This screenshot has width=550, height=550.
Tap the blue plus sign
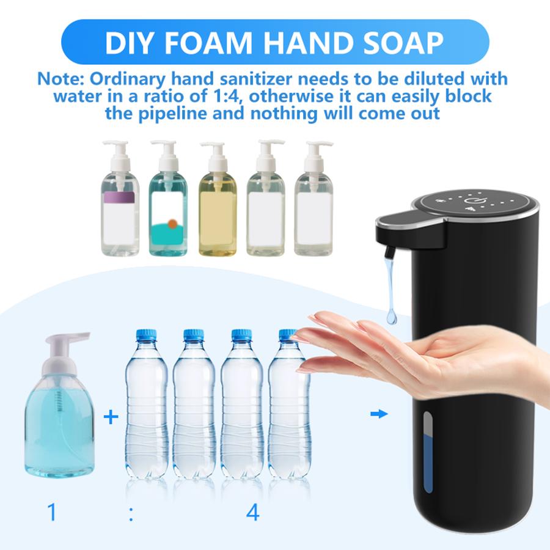pyautogui.click(x=111, y=418)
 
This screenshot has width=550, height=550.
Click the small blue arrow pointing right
pyautogui.click(x=380, y=414)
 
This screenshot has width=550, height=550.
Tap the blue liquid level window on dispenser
pyautogui.click(x=428, y=452)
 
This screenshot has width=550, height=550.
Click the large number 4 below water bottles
pyautogui.click(x=252, y=512)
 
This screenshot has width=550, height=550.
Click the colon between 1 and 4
pyautogui.click(x=131, y=513)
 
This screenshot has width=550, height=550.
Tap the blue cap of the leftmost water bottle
pyautogui.click(x=146, y=335)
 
